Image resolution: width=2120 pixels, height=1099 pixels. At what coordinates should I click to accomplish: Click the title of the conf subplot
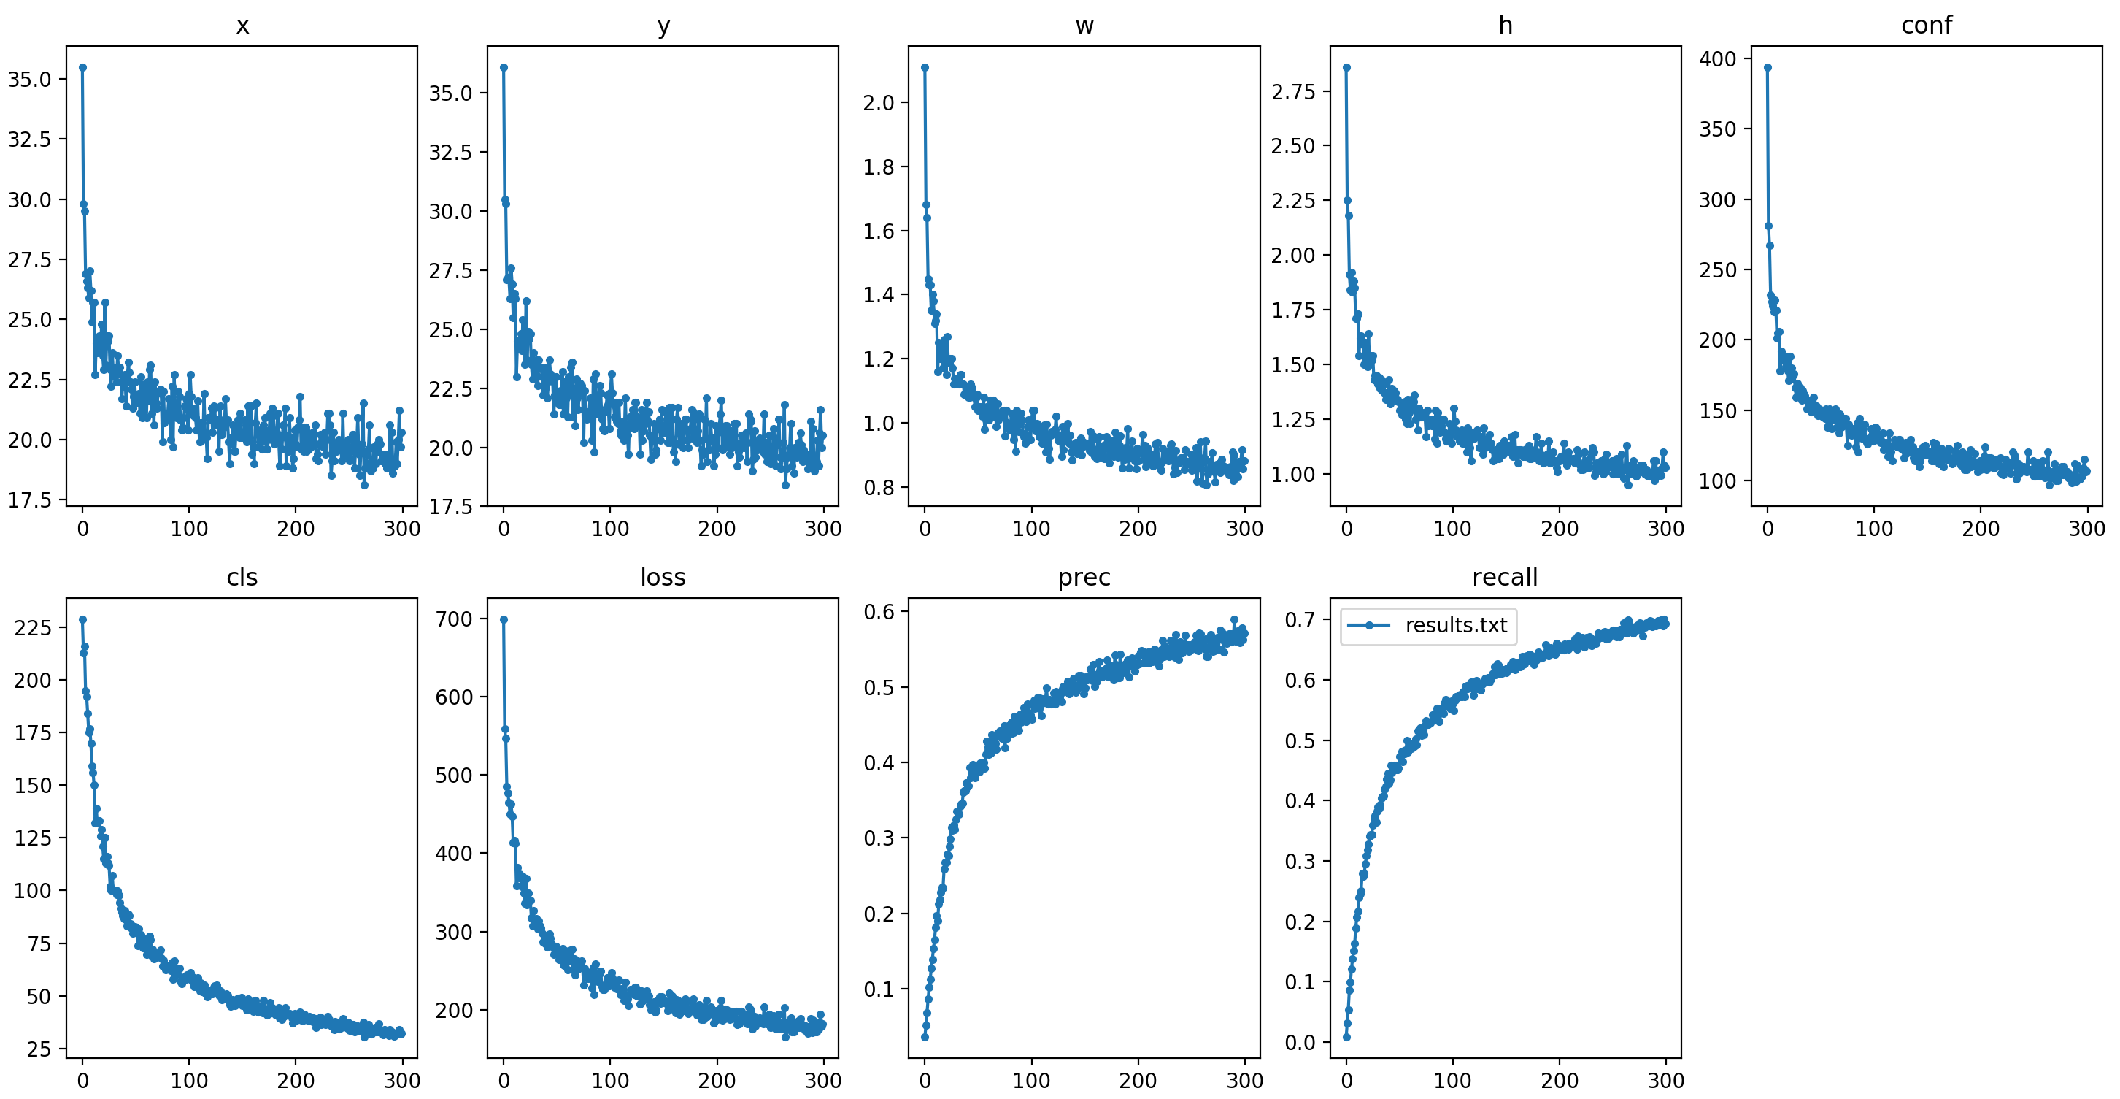1926,26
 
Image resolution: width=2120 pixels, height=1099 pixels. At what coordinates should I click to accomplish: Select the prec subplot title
1083,577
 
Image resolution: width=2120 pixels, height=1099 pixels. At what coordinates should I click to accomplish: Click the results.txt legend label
1455,625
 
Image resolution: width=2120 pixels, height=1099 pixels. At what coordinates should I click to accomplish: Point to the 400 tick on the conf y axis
1718,58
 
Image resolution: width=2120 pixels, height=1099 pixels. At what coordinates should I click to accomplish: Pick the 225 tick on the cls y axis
33,628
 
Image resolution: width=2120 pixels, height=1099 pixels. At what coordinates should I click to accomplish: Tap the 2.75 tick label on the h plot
1293,91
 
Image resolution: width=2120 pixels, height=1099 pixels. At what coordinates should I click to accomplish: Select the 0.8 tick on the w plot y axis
878,487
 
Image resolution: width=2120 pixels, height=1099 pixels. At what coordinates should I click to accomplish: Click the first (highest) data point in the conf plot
1768,67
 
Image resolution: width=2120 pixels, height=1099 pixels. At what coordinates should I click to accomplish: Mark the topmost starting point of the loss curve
504,619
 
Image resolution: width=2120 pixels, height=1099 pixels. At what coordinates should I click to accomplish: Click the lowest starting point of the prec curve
925,1036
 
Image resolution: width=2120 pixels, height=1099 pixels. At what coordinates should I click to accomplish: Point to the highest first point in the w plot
925,67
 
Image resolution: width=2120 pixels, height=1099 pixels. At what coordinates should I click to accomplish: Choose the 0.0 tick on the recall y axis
1300,1042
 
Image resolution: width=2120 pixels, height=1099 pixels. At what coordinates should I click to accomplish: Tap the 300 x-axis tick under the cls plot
401,1080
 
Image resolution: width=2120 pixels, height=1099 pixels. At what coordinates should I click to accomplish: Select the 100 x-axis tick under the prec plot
1031,1080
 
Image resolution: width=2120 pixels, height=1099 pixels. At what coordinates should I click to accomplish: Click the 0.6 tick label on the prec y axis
878,612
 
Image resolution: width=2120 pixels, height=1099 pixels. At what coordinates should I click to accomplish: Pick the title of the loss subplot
663,577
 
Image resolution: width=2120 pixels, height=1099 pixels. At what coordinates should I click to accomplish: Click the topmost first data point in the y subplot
504,67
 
